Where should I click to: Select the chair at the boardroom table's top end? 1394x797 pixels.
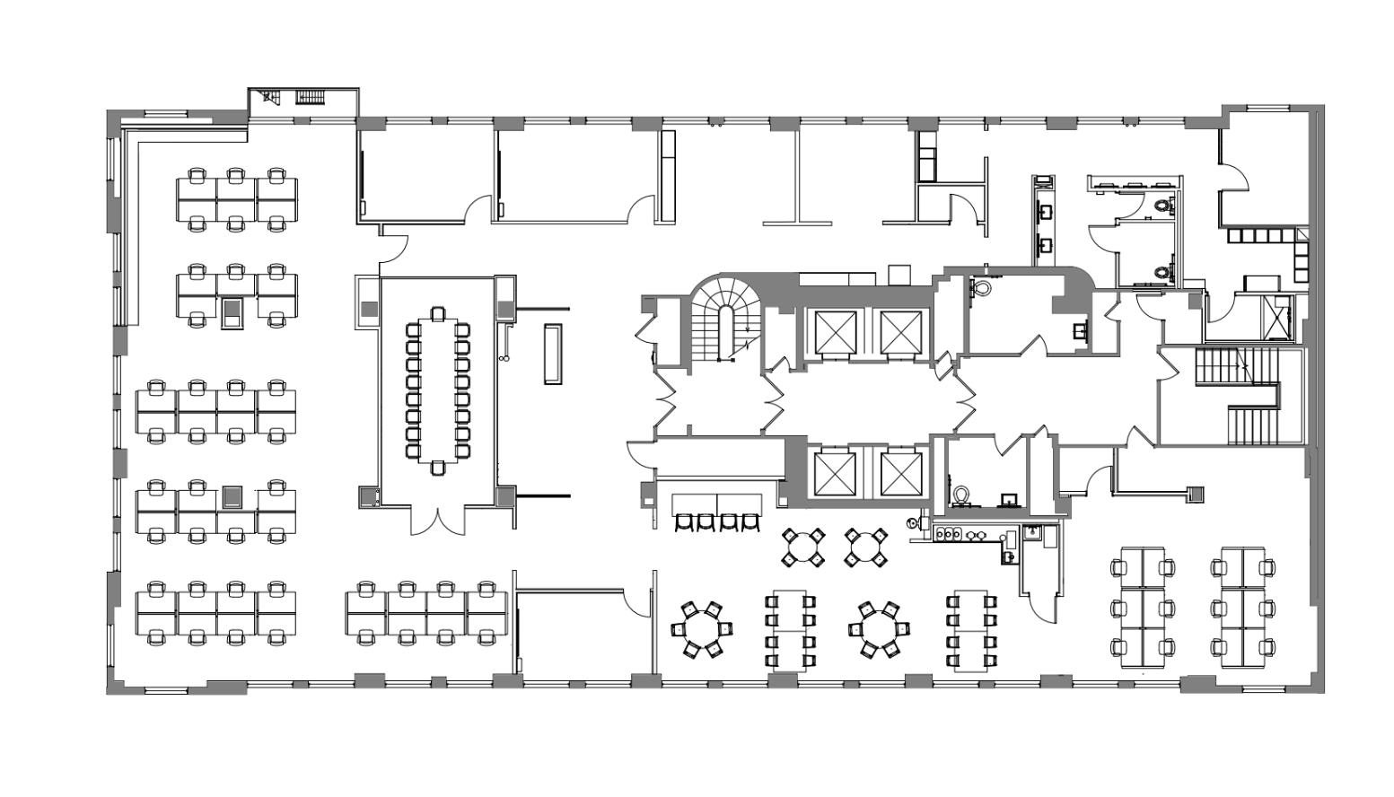point(437,313)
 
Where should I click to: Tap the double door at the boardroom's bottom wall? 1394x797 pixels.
point(437,521)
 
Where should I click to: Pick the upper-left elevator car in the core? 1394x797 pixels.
point(830,330)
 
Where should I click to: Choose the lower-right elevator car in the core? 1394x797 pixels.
point(900,473)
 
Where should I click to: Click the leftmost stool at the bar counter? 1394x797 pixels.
point(684,522)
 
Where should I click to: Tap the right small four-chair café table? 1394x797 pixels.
point(866,547)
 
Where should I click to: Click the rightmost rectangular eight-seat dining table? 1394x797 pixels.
point(971,630)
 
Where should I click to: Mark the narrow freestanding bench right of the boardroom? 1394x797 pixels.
point(553,354)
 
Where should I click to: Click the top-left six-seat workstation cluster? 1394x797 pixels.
point(236,198)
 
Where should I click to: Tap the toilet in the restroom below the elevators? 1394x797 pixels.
point(961,495)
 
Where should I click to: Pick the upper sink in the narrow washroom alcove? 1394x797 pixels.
point(1045,212)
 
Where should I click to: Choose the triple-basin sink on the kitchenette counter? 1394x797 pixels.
point(949,535)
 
